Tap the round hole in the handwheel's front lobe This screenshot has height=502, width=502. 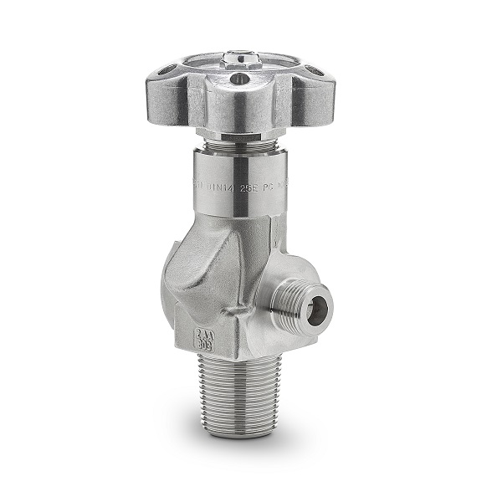[243, 79]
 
